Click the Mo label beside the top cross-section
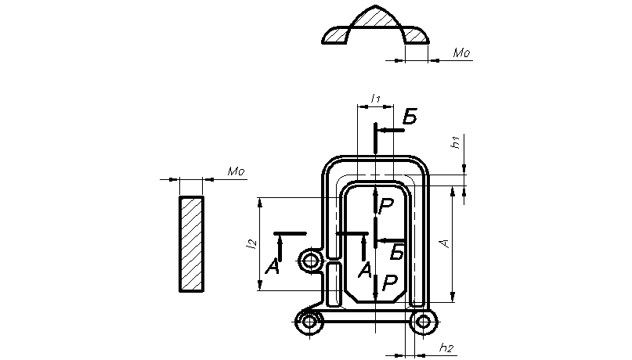point(461,52)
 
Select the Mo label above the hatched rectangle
point(237,172)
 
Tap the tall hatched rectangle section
point(191,244)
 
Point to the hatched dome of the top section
point(376,18)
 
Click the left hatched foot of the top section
point(335,35)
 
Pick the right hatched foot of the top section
point(416,35)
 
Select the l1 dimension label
point(376,98)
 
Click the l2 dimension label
point(251,243)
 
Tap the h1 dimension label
point(456,142)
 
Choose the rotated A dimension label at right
point(445,243)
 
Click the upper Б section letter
point(410,117)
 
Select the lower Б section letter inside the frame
point(397,253)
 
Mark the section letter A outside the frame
point(273,267)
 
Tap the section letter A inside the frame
point(365,270)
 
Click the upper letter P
point(386,206)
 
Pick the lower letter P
point(389,283)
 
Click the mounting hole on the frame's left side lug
point(311,261)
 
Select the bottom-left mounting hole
point(309,322)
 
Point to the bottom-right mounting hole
point(423,322)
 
